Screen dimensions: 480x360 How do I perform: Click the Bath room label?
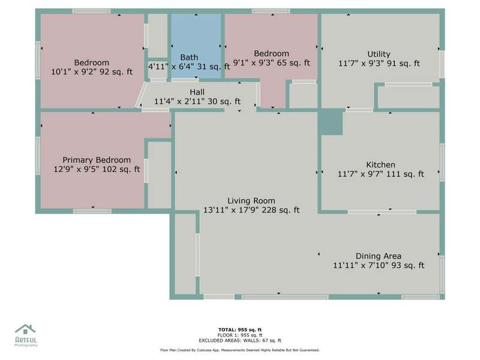coord(189,57)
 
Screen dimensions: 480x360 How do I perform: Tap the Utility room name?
coord(379,54)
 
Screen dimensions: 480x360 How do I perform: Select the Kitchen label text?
coord(380,164)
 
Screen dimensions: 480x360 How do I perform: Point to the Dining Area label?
coord(379,256)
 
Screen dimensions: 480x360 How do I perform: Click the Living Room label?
coord(251,201)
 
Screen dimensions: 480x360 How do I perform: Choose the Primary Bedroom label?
coord(97,160)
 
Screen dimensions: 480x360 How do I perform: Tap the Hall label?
coord(197,92)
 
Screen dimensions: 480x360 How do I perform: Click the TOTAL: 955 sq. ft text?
coord(240,329)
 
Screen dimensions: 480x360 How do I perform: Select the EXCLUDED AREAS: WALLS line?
coord(240,340)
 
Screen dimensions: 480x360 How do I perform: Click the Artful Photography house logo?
coord(25,329)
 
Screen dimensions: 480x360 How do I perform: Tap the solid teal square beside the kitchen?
coord(332,122)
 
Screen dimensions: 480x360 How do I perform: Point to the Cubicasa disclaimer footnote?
coord(240,350)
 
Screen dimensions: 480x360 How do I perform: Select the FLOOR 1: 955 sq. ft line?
coord(240,335)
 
